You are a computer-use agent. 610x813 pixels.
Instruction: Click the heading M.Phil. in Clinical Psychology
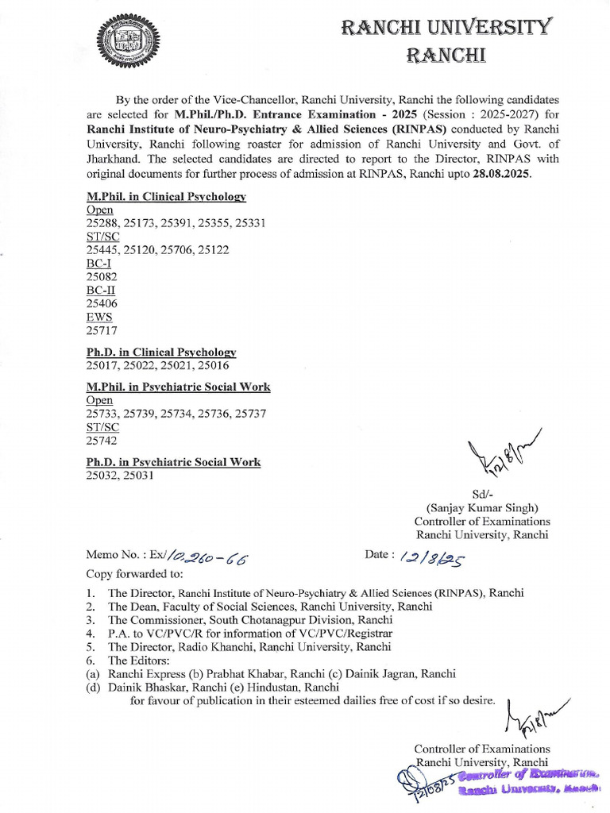pos(166,196)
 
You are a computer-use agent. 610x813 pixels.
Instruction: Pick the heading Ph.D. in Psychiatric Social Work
pos(173,461)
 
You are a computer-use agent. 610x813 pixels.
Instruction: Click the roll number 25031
pos(137,475)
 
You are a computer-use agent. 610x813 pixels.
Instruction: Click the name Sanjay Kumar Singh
pos(482,507)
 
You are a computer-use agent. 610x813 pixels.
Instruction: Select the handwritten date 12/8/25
pos(434,559)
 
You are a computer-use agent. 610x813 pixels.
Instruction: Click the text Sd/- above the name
pos(482,493)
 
